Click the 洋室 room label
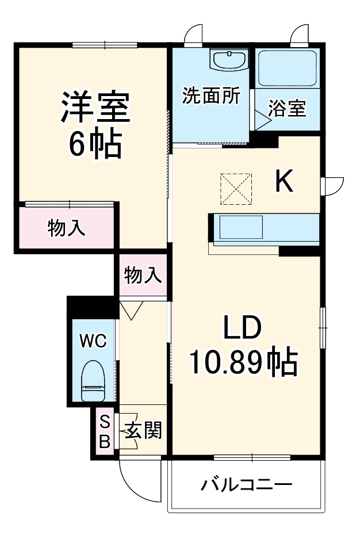[96, 106]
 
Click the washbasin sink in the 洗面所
[229, 59]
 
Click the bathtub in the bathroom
[287, 67]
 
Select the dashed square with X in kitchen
[236, 188]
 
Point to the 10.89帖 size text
[243, 362]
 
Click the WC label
[93, 341]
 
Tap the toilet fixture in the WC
[93, 380]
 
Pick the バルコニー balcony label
[246, 485]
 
